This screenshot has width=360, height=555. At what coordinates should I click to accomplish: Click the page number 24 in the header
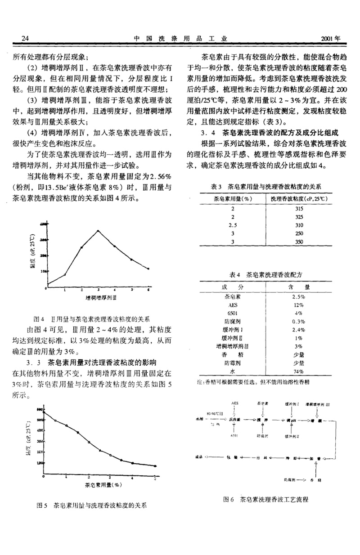[19, 38]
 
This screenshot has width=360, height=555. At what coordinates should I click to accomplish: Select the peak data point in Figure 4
[98, 231]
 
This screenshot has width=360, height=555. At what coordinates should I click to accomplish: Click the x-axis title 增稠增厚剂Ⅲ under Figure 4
[102, 298]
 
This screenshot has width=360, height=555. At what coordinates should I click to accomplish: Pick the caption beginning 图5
[92, 505]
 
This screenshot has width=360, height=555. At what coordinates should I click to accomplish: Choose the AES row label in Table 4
[233, 304]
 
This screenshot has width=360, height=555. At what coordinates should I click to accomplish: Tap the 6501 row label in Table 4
[233, 313]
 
